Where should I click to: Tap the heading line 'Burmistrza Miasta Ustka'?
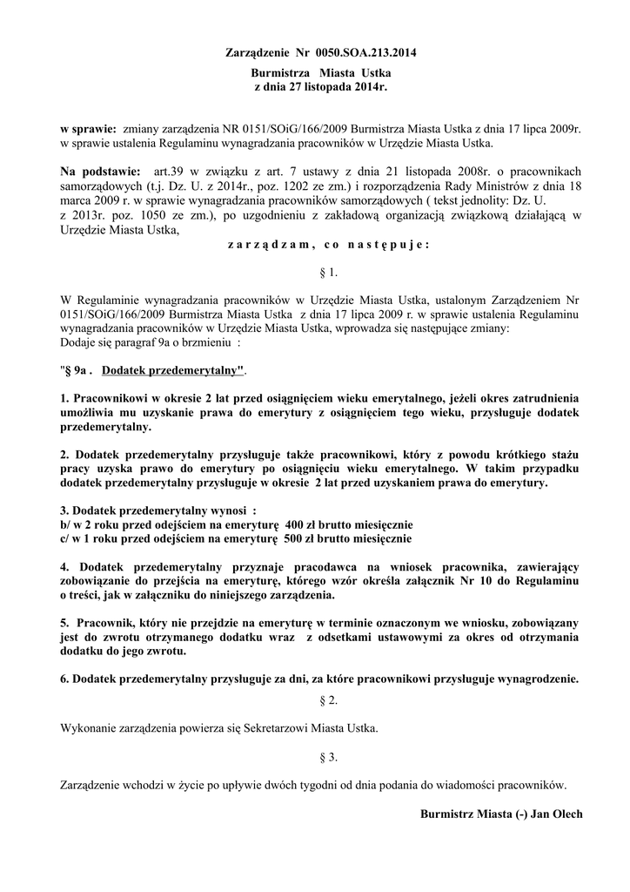click(x=320, y=73)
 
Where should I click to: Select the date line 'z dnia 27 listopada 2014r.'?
click(x=320, y=88)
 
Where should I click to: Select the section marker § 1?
click(x=329, y=274)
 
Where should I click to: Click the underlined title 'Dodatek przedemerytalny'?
click(x=172, y=371)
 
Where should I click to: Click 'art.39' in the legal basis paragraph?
click(x=167, y=171)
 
